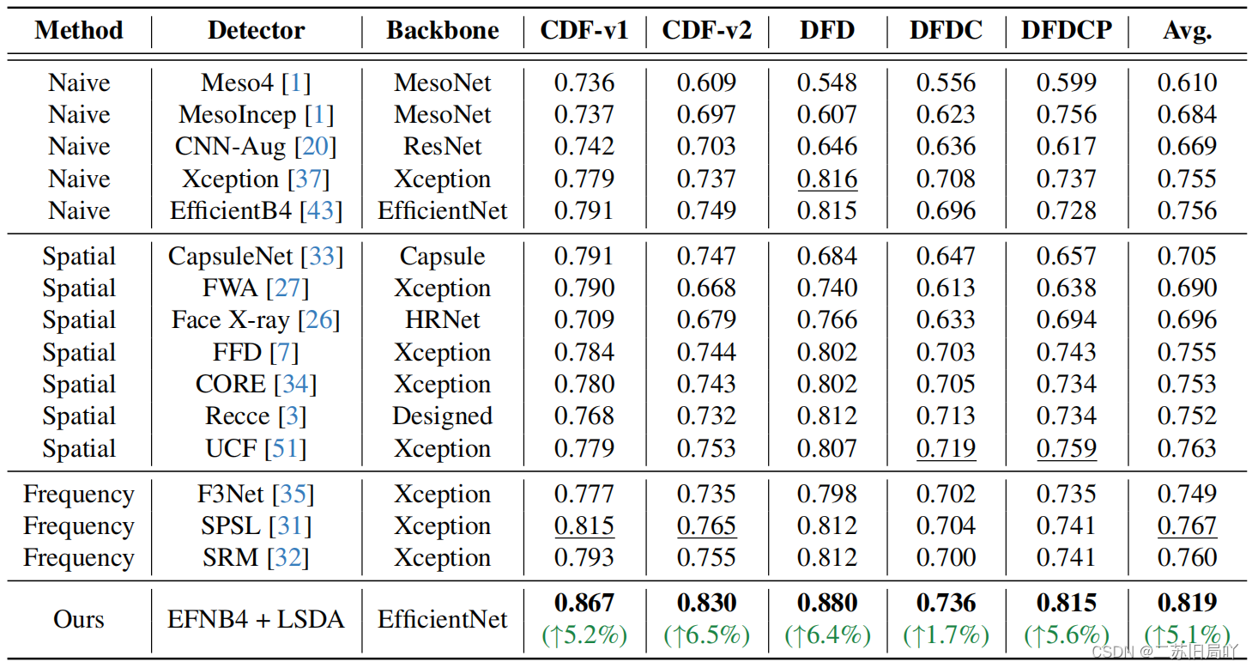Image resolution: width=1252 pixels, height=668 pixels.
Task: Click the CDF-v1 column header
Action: pos(584,31)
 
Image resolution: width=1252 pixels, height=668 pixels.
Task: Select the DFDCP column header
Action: pos(1067,31)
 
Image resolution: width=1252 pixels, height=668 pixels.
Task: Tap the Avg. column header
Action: pos(1187,31)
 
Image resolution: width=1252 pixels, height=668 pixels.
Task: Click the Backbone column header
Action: pos(443,31)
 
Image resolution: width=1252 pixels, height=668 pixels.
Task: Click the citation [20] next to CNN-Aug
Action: pos(315,147)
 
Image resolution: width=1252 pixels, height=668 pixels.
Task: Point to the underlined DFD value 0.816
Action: pos(827,179)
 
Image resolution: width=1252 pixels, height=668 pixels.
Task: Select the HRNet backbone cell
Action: pos(443,320)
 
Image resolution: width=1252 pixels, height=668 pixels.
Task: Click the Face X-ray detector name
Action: pos(231,320)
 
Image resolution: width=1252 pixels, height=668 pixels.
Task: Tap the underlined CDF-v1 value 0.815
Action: pos(584,525)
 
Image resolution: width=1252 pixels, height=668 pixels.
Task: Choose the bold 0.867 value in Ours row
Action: pos(584,603)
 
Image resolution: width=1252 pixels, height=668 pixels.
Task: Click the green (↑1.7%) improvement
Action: pos(946,635)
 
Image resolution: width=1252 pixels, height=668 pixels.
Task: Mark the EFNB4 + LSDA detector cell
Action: pos(256,619)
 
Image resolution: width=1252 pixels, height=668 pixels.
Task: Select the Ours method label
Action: pos(79,619)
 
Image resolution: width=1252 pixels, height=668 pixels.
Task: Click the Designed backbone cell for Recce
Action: pos(443,416)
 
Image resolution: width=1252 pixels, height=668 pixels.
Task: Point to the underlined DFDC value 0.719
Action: pos(946,448)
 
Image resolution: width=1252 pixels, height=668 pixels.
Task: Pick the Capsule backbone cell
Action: pos(443,257)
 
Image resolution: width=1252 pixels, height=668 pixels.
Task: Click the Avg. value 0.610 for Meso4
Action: pos(1187,83)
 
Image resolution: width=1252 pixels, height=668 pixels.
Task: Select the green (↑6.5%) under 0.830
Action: pos(706,635)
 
